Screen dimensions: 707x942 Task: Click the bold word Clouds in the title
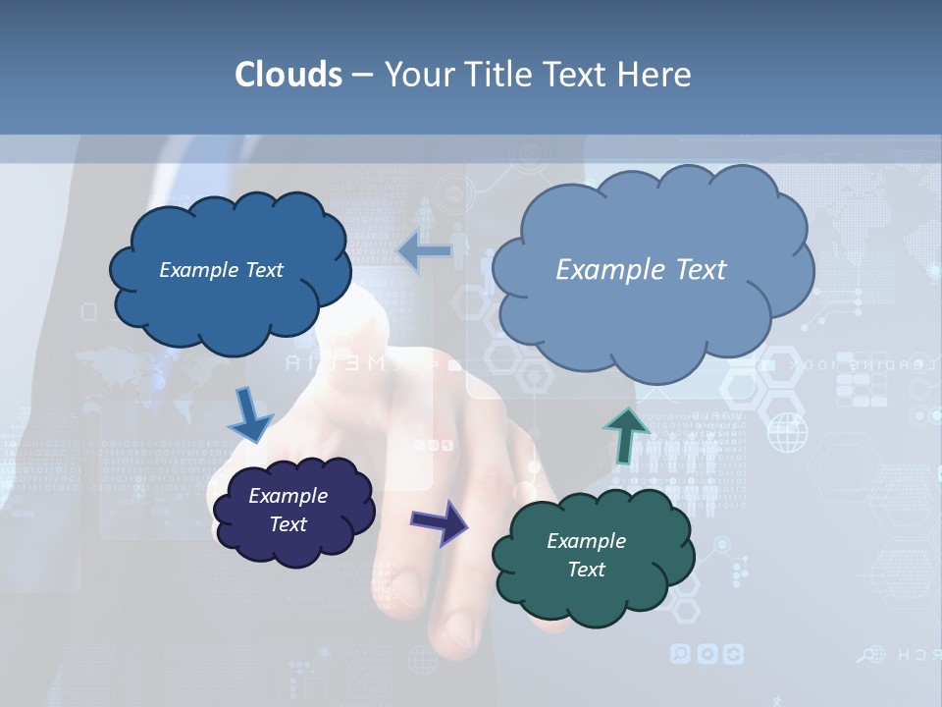click(288, 75)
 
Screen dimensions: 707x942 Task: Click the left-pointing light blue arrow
click(424, 252)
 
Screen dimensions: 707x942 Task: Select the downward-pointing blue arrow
click(250, 415)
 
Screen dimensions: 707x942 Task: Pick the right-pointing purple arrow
click(439, 520)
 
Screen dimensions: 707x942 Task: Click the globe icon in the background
click(786, 432)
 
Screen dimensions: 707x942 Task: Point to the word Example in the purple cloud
click(288, 496)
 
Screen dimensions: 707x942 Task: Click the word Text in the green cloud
click(586, 570)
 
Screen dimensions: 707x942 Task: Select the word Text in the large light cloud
click(695, 270)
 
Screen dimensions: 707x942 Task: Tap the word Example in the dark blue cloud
click(199, 270)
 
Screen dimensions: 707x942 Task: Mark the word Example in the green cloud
click(586, 541)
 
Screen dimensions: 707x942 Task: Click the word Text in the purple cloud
click(288, 524)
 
